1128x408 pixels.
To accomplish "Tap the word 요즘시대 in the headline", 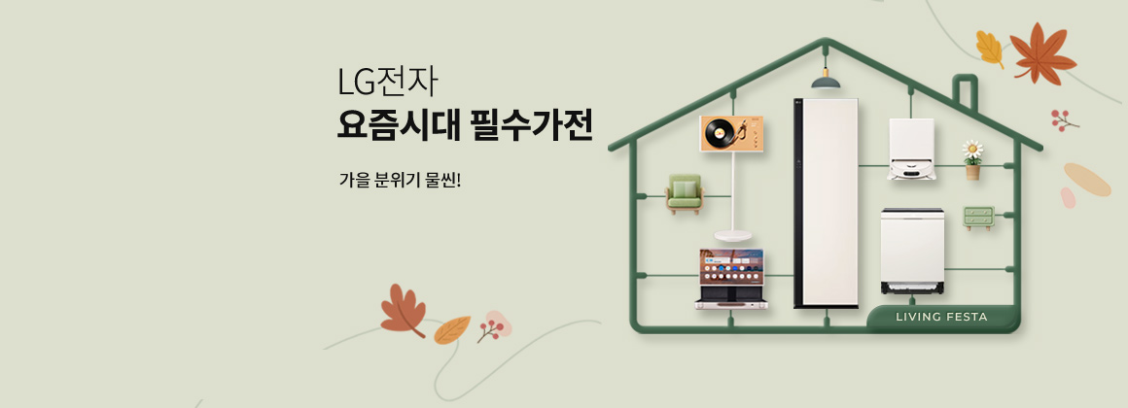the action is (397, 126).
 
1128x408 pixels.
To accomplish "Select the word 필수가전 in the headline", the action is (532, 126).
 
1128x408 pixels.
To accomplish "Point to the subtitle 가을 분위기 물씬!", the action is (400, 179).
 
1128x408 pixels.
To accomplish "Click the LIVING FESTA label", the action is (941, 317).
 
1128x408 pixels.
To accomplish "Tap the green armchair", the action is (684, 193).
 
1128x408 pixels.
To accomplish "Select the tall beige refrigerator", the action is (827, 203).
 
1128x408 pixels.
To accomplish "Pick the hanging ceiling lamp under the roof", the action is (826, 80).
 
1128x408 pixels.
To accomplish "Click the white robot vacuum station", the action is (911, 150).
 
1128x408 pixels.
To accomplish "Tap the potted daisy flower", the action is (972, 159).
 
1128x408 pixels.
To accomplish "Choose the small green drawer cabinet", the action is (978, 218).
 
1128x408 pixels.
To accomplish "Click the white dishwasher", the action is (912, 251).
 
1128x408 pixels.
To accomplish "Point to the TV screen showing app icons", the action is (731, 266).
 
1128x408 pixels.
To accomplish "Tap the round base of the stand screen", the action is (733, 236).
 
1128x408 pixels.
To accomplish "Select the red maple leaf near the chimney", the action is (1040, 53).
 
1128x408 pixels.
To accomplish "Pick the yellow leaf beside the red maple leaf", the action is (991, 49).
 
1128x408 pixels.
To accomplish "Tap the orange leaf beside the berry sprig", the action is (452, 329).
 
